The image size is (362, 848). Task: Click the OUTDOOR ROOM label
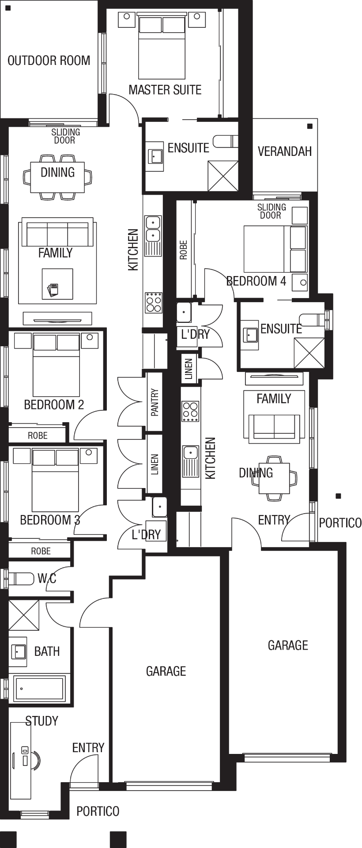(x=49, y=61)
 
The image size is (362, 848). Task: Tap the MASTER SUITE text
(x=165, y=90)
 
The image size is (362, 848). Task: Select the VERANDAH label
(x=285, y=151)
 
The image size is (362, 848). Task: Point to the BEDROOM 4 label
(x=256, y=281)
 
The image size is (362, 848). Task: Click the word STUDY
(x=41, y=721)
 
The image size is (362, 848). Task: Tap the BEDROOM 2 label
(x=54, y=405)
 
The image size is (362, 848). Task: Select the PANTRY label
(x=155, y=402)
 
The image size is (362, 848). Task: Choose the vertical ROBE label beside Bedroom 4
(x=184, y=250)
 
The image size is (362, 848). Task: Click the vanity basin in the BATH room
(x=19, y=651)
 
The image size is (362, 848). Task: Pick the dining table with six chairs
(x=57, y=177)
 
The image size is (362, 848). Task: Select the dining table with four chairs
(x=274, y=478)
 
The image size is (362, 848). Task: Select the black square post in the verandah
(x=310, y=126)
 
